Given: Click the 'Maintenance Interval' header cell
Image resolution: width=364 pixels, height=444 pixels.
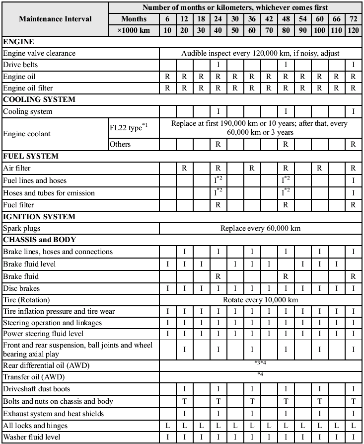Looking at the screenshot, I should point(55,19).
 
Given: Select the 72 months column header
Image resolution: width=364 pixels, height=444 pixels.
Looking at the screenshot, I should point(353,19).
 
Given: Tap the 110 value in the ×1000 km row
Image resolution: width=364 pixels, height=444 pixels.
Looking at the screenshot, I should point(336,30).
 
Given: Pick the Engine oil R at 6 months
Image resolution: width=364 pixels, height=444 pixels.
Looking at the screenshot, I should point(167,77).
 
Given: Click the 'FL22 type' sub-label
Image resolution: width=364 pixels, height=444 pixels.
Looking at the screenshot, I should point(127,128).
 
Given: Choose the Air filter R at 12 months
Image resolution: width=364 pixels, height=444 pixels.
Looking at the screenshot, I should point(184,169).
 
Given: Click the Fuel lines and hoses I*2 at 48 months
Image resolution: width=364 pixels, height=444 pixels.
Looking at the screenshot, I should point(286,180).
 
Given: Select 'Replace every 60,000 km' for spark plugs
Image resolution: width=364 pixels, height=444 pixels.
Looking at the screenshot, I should point(260,229).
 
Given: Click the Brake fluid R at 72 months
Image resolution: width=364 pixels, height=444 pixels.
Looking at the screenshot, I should point(353,276).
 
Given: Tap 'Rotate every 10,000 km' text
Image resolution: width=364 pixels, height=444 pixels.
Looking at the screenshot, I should point(260,300).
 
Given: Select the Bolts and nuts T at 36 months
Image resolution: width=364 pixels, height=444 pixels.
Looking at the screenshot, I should point(252,401).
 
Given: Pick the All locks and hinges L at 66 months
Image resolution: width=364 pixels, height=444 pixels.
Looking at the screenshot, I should point(336,426).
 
